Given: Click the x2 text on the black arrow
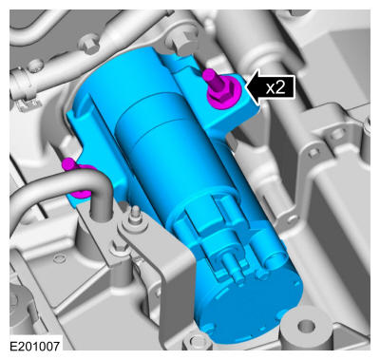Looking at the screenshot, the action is click(x=275, y=87).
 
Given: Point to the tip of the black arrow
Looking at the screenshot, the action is click(x=246, y=86).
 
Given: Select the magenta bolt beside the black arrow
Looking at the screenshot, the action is click(x=220, y=89).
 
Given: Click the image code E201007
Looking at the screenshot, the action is click(x=35, y=346).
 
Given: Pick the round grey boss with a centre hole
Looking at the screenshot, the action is click(x=306, y=325).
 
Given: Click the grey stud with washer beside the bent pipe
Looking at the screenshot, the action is click(x=134, y=219).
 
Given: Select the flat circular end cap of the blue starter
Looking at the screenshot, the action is click(x=249, y=304).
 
